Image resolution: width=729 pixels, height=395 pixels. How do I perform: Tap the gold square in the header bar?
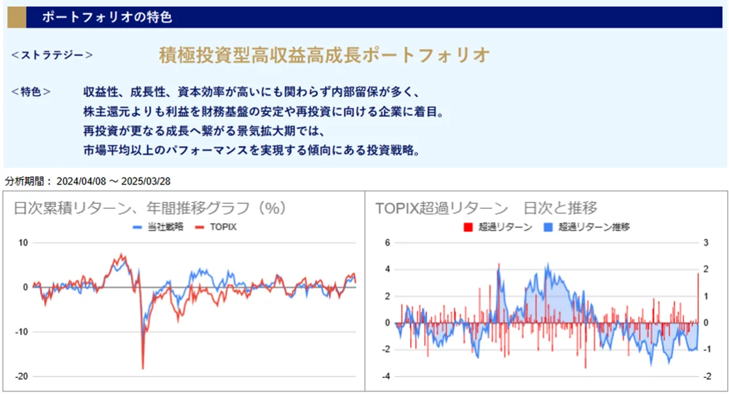coord(16,17)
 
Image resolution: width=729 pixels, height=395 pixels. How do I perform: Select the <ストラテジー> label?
coord(52,55)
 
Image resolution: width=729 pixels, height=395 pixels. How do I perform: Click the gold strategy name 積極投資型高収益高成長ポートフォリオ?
coord(324,55)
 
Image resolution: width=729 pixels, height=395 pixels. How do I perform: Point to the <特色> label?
coord(31,92)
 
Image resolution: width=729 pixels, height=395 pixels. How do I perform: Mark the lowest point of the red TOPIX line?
coord(143,368)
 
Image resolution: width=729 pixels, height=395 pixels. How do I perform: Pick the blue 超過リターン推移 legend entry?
coord(586,228)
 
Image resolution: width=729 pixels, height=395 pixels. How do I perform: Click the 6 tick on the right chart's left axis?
coord(387,243)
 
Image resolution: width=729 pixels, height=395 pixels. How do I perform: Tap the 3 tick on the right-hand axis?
coord(705,243)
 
